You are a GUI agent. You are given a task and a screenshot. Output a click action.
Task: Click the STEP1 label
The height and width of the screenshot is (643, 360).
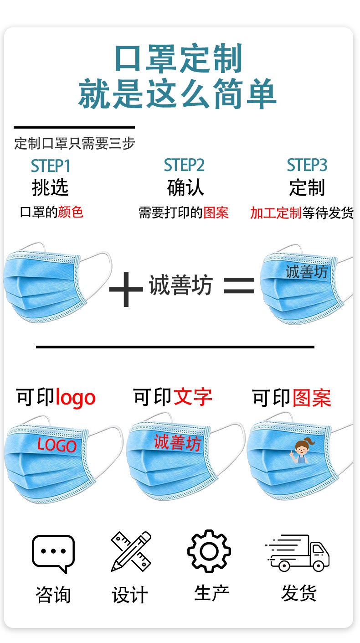[x=51, y=166]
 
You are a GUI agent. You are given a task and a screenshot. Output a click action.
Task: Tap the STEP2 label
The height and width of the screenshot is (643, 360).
[x=184, y=165]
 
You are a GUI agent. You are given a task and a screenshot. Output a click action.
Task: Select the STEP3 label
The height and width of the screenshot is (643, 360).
[x=307, y=165]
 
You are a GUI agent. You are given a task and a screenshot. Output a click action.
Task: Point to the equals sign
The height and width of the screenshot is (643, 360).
[x=239, y=286]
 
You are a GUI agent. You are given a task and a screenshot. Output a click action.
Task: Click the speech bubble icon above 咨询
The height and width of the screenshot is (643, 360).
[x=53, y=553]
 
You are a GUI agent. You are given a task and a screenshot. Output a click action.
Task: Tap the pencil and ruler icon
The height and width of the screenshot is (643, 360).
[x=131, y=551]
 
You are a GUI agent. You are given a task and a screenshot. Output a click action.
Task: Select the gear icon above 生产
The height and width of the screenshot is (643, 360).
[x=209, y=551]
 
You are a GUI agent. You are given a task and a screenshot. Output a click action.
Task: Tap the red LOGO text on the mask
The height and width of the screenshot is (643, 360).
[x=57, y=445]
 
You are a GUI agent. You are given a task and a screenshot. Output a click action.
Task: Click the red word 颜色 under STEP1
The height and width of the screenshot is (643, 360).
[x=71, y=212]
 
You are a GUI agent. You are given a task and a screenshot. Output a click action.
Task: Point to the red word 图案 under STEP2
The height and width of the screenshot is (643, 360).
[x=216, y=213]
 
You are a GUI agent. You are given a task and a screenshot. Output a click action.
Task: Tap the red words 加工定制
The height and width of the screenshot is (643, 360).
[x=276, y=213]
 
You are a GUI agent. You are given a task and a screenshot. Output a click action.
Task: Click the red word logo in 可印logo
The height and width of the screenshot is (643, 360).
[x=75, y=398]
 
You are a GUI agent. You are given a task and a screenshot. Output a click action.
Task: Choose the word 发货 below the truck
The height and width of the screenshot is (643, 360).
[x=298, y=593]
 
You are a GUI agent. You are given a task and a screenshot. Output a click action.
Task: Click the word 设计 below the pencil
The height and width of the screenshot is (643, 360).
[x=130, y=595]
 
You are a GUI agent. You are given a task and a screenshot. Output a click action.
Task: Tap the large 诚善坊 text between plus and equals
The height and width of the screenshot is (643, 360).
[x=180, y=286]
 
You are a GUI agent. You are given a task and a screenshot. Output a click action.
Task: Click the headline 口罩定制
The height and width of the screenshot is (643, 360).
[x=178, y=59]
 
